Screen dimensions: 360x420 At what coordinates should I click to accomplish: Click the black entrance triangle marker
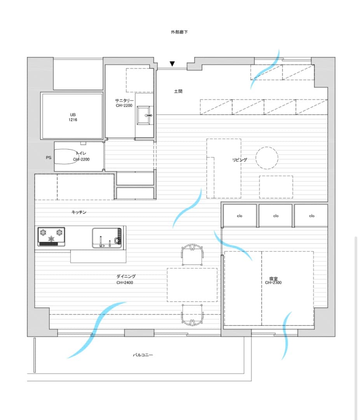(172, 64)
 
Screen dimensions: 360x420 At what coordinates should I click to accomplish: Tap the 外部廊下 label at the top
(179, 32)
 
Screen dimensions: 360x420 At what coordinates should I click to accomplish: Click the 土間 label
(178, 91)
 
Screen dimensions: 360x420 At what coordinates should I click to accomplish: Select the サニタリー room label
(124, 100)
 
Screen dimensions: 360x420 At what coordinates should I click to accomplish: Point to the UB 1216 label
(73, 117)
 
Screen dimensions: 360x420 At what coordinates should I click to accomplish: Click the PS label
(49, 157)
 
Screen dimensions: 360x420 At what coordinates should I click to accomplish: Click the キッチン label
(79, 212)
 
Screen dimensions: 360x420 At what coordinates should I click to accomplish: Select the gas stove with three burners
(51, 236)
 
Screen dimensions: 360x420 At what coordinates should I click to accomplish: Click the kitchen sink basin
(107, 238)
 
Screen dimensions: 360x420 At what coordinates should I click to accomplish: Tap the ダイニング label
(126, 276)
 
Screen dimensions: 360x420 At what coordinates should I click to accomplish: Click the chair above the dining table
(192, 254)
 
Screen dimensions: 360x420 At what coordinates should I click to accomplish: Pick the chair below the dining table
(192, 315)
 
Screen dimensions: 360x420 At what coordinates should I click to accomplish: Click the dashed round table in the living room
(267, 158)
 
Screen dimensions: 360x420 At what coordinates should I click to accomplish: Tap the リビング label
(240, 160)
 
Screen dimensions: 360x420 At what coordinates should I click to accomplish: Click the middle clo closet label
(276, 216)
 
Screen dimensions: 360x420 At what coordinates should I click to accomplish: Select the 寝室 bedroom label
(273, 278)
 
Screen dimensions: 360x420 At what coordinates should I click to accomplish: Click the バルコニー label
(143, 355)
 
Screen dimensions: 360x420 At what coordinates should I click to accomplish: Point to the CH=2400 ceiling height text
(124, 283)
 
